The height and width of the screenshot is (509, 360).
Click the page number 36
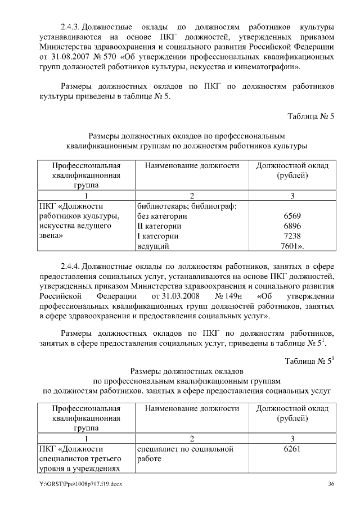[331, 484]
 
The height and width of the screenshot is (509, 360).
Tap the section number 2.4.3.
[71, 26]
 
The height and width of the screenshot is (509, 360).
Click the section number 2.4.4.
[71, 265]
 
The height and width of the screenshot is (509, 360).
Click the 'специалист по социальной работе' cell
[185, 454]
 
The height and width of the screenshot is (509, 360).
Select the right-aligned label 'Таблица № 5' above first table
[311, 117]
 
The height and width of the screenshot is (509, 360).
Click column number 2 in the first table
[192, 196]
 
